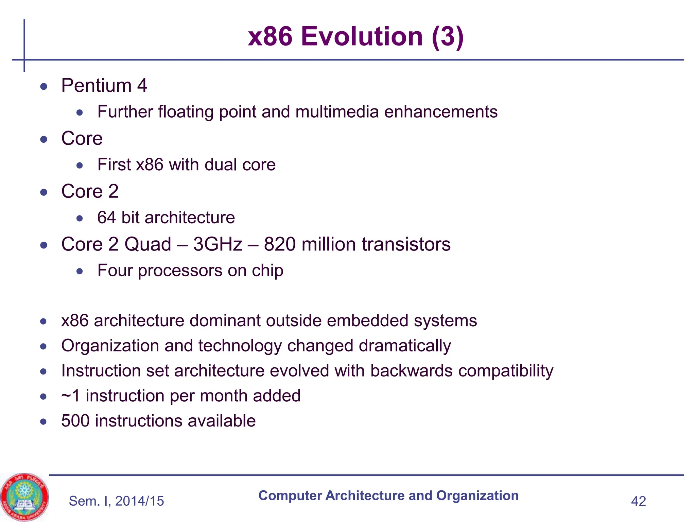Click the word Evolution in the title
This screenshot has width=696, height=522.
[x=362, y=36]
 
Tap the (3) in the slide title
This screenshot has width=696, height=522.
[x=448, y=36]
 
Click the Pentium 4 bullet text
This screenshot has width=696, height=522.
[x=104, y=85]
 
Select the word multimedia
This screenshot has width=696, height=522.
[x=337, y=112]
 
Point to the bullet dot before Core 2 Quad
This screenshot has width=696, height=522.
[x=43, y=245]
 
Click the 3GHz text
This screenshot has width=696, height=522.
[x=217, y=244]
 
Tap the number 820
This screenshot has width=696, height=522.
[x=279, y=244]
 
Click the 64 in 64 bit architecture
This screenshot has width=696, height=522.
[x=106, y=217]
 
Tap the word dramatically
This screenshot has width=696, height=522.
[x=405, y=346]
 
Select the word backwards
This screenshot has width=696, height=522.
[x=411, y=370]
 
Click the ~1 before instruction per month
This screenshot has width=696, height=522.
[x=70, y=396]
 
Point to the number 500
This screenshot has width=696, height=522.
[x=75, y=421]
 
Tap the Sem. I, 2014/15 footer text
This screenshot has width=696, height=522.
[x=116, y=501]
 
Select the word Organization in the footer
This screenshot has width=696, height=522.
[x=477, y=495]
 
